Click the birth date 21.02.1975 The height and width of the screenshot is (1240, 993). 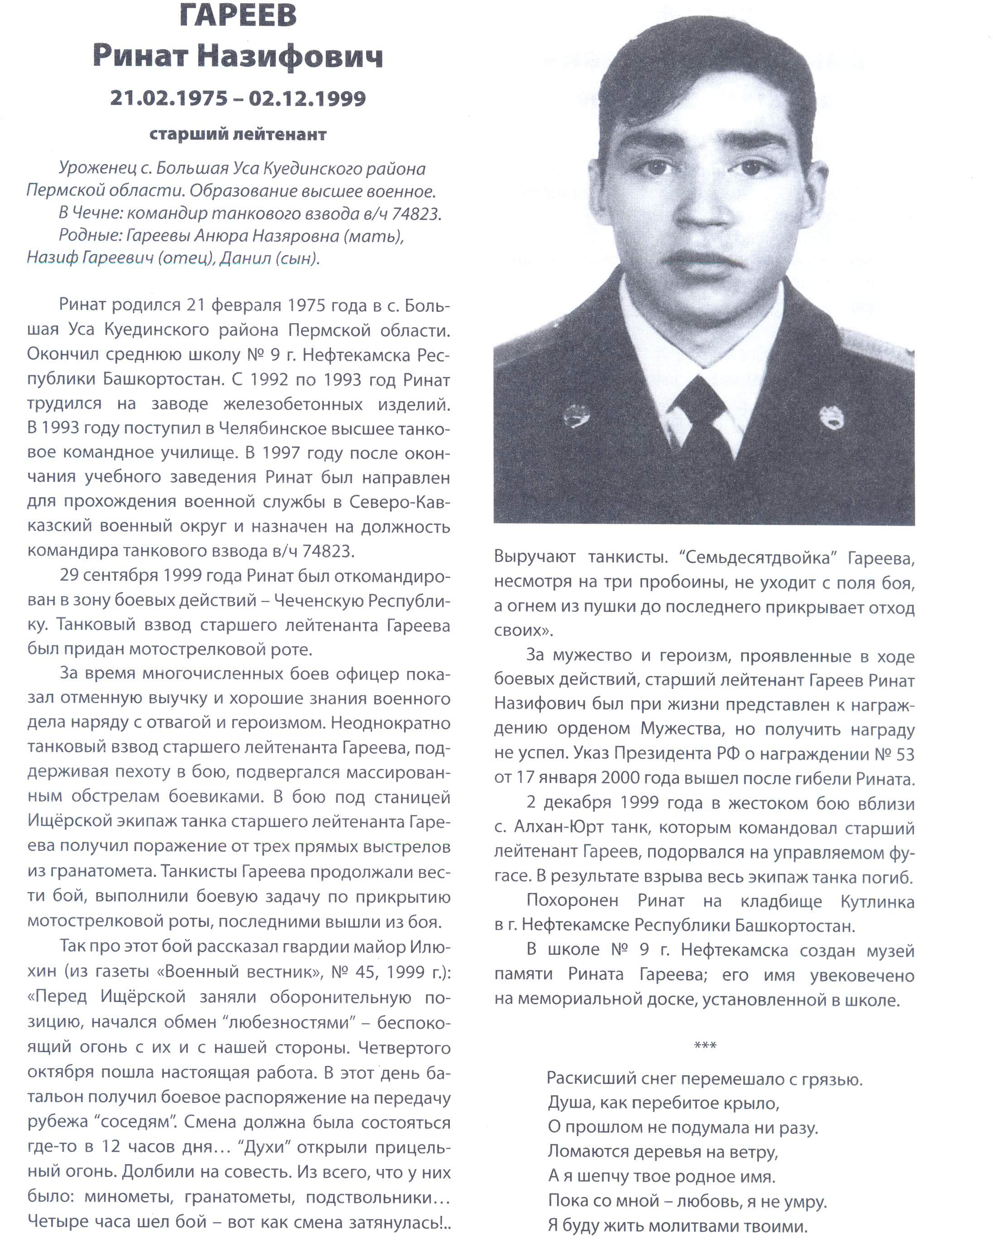(x=168, y=98)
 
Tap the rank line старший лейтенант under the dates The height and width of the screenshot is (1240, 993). (x=238, y=134)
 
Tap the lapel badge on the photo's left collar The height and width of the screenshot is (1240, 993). (x=575, y=415)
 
